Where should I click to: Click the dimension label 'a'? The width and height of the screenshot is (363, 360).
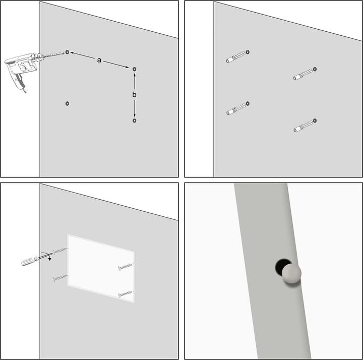(x=99, y=60)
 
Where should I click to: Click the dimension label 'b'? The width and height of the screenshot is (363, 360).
(x=134, y=94)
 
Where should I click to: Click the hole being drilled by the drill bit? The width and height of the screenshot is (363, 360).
(x=68, y=52)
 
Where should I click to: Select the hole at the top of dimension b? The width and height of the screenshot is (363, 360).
(x=135, y=69)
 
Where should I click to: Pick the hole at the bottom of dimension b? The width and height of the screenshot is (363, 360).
(x=135, y=121)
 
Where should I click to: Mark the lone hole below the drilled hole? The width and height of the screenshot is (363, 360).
(x=68, y=103)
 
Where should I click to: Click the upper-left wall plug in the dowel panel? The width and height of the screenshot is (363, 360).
(x=235, y=57)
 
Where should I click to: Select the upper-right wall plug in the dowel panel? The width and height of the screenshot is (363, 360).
(x=303, y=74)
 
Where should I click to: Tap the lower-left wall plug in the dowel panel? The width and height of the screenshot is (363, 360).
(x=236, y=109)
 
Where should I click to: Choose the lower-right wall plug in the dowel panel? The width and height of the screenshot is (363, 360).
(x=304, y=126)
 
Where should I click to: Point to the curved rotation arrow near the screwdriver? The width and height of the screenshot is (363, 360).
(x=47, y=255)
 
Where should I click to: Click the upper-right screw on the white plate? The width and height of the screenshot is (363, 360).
(x=126, y=266)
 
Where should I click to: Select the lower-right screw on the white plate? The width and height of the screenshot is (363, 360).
(x=126, y=294)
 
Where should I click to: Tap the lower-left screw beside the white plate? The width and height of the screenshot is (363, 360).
(x=60, y=278)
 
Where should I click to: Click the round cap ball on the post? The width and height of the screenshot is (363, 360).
(x=291, y=274)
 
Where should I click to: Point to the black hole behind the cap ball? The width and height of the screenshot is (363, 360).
(x=280, y=266)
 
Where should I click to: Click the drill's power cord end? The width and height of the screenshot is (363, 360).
(x=25, y=91)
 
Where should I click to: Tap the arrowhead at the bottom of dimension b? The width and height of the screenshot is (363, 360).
(x=135, y=115)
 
